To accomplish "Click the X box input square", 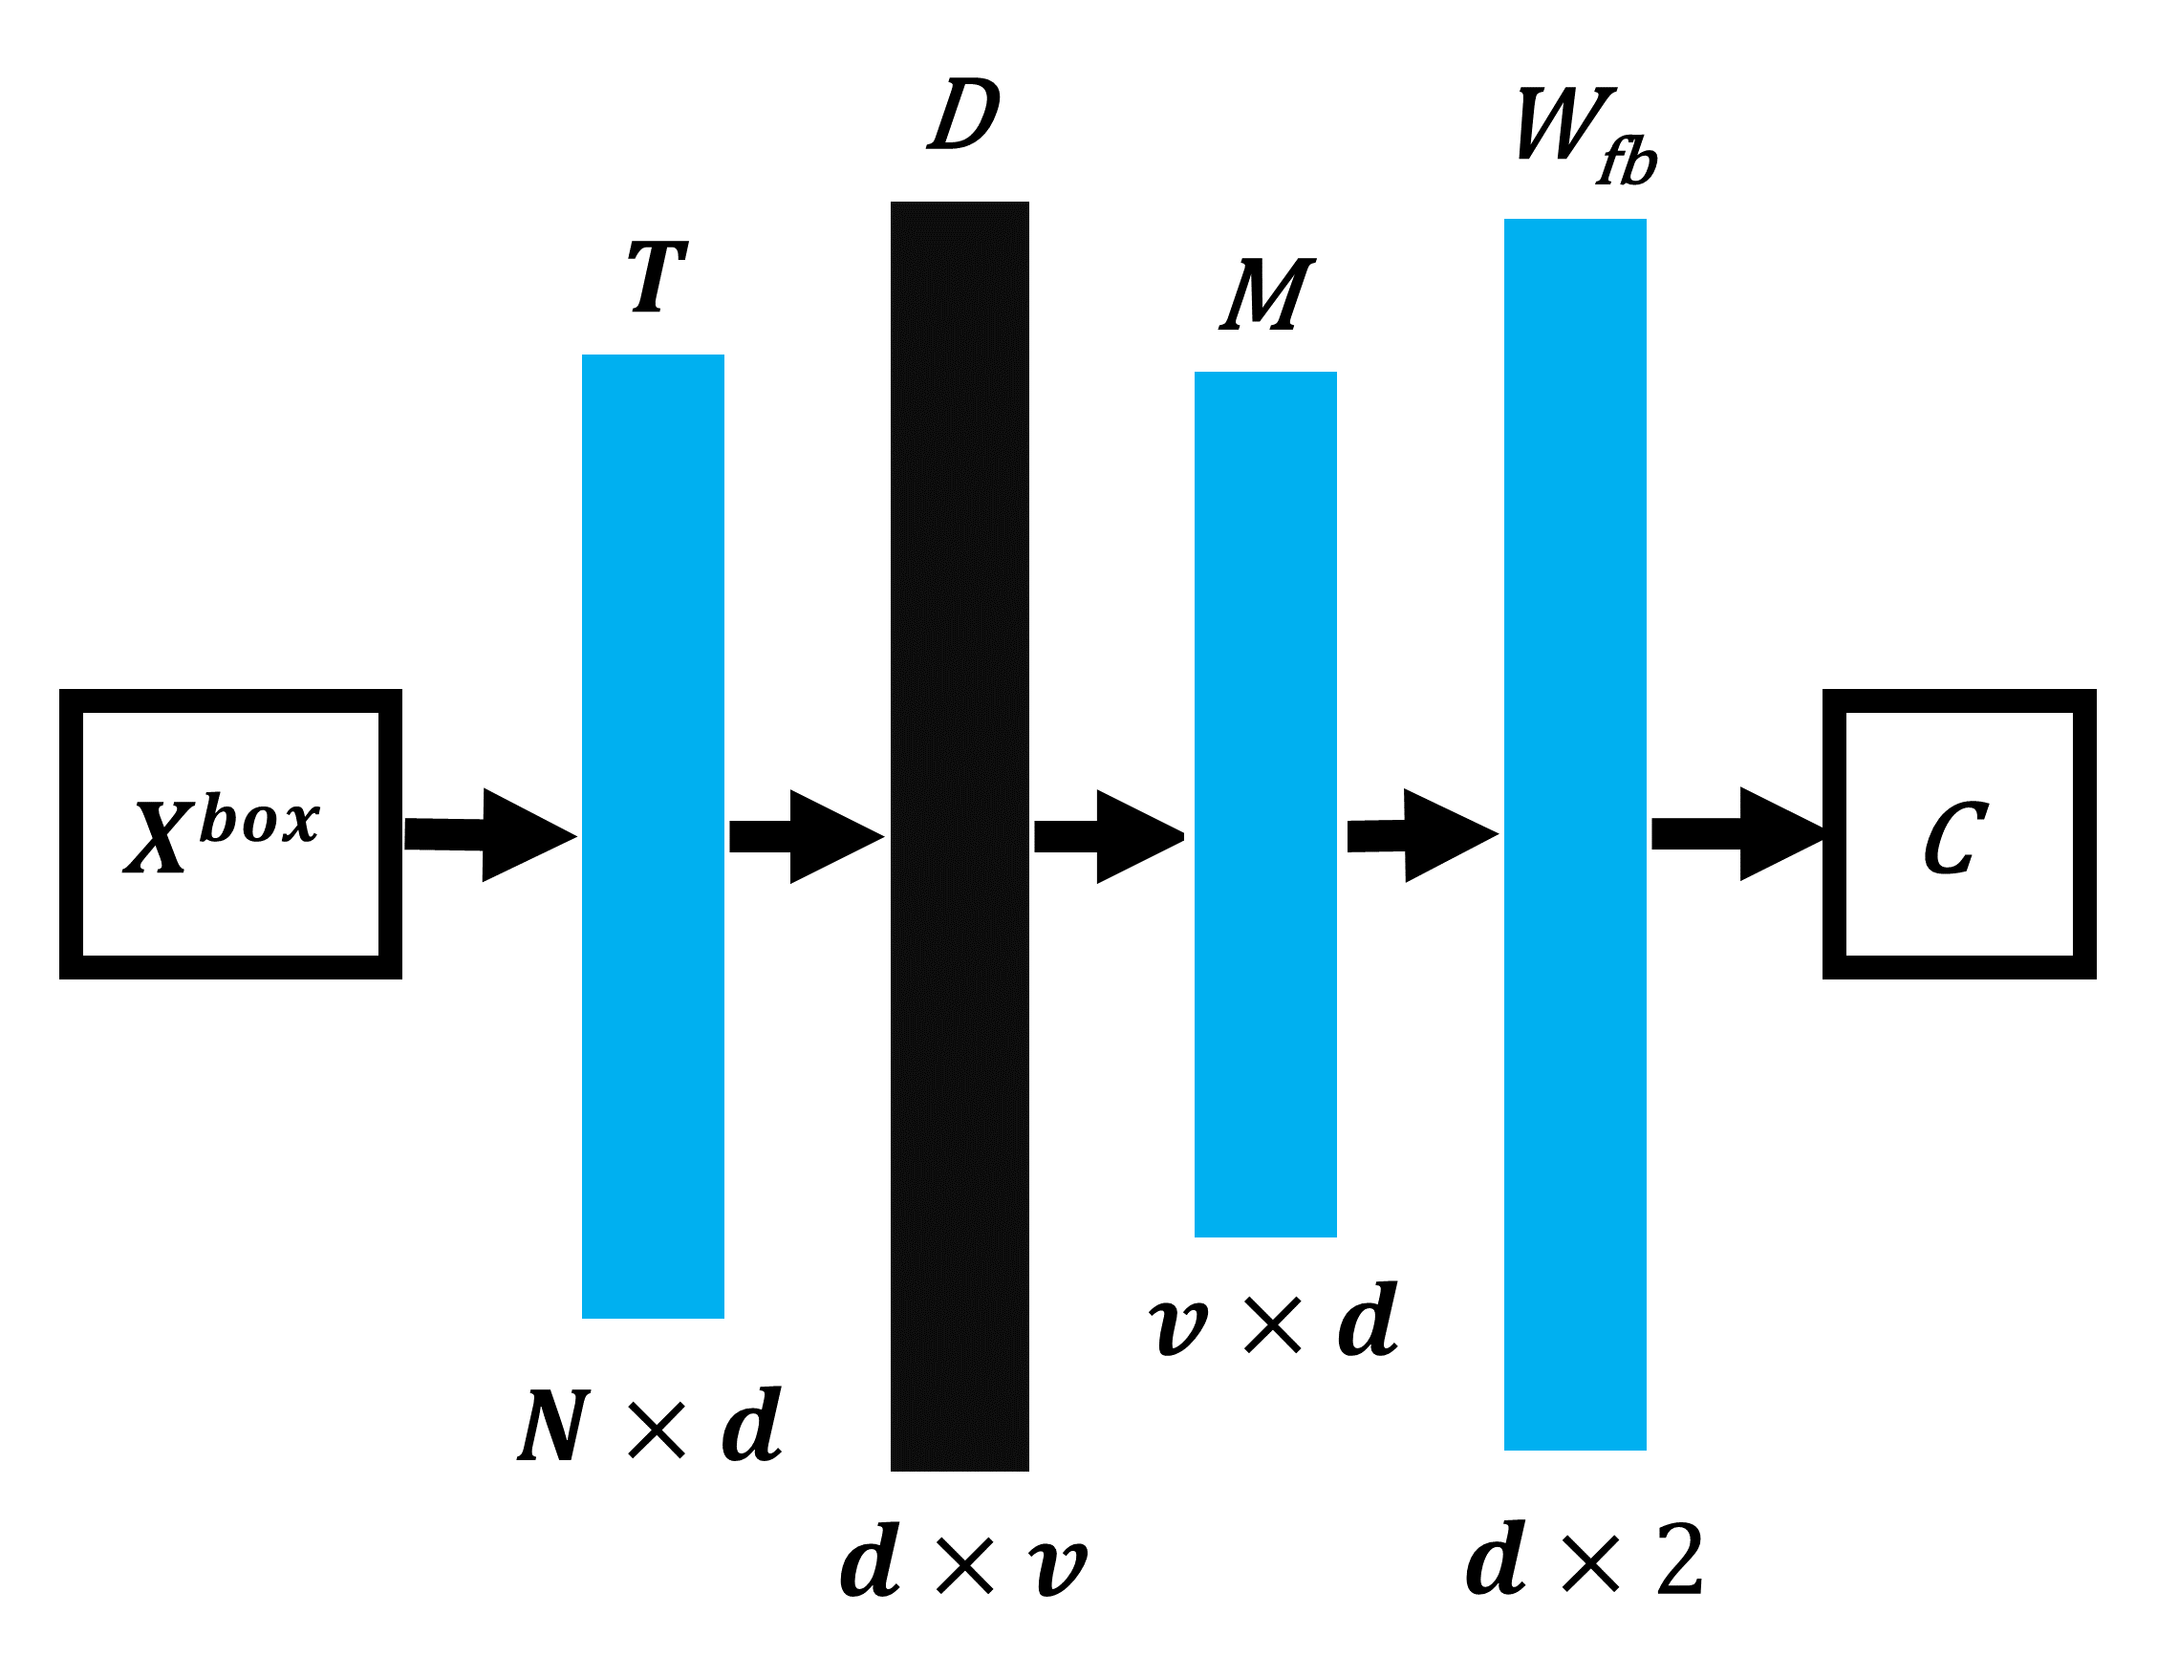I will (x=230, y=834).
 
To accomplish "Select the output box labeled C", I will (x=1958, y=834).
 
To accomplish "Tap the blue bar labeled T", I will (x=653, y=835).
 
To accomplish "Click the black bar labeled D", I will (x=959, y=835).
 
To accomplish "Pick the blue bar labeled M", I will (x=1265, y=804).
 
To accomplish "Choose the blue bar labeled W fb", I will (x=1574, y=833).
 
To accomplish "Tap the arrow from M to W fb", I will (x=1423, y=835).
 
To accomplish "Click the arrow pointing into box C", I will (x=1736, y=833).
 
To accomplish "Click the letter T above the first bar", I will (x=657, y=277).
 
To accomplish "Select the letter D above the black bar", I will (x=963, y=115).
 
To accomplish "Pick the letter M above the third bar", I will (x=1266, y=294).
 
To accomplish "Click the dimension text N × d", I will (x=649, y=1426).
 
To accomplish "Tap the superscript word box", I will (x=259, y=819).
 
